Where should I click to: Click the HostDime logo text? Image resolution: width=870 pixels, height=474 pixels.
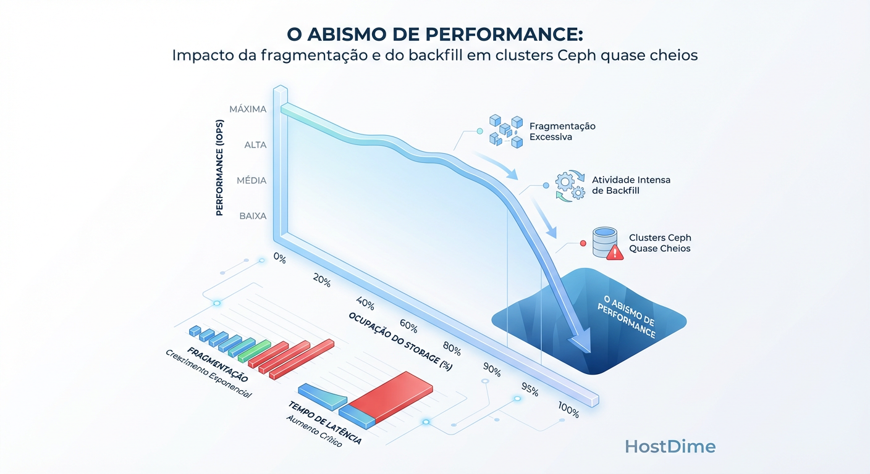[670, 446]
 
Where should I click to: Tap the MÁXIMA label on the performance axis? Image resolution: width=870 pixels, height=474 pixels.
[248, 109]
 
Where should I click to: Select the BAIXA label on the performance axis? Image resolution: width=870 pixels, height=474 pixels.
[253, 216]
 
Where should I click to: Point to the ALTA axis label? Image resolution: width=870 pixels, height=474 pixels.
[255, 145]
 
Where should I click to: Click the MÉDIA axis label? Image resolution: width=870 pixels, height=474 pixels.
[251, 181]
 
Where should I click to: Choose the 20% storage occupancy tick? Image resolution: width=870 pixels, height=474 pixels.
[322, 280]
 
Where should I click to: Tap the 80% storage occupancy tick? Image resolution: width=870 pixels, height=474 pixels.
[452, 349]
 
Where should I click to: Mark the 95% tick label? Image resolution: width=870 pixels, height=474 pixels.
[530, 391]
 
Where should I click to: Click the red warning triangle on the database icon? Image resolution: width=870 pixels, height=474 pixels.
[615, 252]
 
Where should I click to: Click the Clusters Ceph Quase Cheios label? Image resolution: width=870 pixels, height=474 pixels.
[660, 243]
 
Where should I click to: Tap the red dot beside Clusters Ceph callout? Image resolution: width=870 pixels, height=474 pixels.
[582, 243]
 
